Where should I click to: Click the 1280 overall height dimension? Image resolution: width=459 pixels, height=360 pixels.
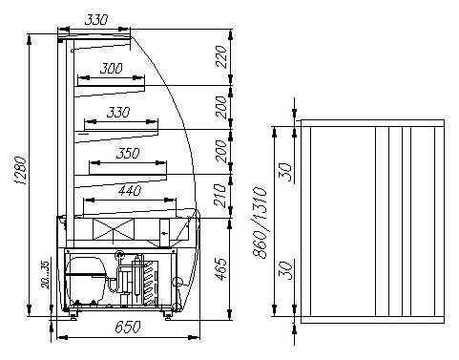coord(20,170)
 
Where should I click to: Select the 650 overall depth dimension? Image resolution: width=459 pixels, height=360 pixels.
coord(127,327)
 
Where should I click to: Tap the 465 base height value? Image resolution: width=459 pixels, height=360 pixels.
coord(221,269)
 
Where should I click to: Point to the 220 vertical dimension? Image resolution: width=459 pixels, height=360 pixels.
coord(221,56)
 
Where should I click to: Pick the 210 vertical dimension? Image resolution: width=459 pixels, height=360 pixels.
coord(221,196)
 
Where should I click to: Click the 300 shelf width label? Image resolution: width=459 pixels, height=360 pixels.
coord(111,68)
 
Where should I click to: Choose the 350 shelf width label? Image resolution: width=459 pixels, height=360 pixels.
coord(128,154)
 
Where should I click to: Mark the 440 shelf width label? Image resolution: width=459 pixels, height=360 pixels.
coord(130,191)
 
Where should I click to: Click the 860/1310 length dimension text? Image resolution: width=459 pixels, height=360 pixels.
coord(260,222)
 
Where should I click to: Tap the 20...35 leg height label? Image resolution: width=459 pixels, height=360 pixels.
coord(45,275)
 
